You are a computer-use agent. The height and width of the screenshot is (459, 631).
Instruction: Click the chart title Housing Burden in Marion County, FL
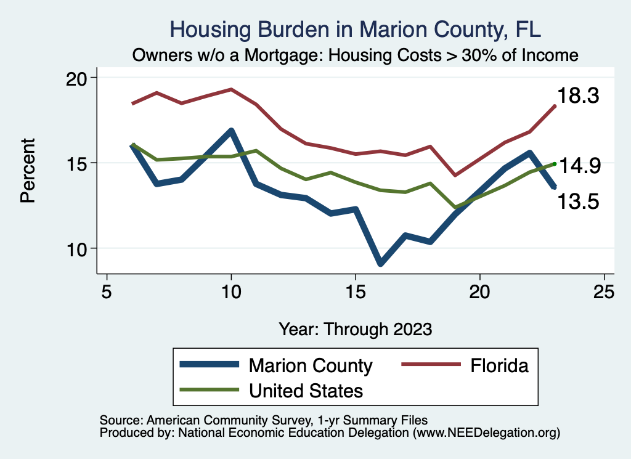click(355, 30)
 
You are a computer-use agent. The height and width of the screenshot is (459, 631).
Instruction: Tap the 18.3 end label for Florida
click(579, 95)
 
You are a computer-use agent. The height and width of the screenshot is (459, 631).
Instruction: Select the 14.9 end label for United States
click(579, 166)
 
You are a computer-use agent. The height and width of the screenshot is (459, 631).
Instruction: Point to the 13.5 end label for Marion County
click(579, 201)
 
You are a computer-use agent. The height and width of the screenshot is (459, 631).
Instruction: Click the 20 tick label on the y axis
click(78, 78)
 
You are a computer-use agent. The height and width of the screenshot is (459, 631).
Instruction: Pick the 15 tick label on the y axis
click(78, 163)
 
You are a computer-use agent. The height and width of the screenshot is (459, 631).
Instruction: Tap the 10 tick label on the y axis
click(78, 249)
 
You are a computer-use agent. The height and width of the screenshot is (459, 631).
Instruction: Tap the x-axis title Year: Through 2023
click(355, 329)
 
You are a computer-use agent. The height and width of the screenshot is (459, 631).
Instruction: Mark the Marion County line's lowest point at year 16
click(380, 263)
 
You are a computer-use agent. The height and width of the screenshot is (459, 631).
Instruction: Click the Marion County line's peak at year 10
click(231, 131)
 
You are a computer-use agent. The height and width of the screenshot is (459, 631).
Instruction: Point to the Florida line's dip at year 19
click(455, 176)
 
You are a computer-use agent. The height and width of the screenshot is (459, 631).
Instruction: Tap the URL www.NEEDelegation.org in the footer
click(486, 433)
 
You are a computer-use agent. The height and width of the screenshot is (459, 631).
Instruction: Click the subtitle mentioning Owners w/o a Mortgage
click(355, 55)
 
